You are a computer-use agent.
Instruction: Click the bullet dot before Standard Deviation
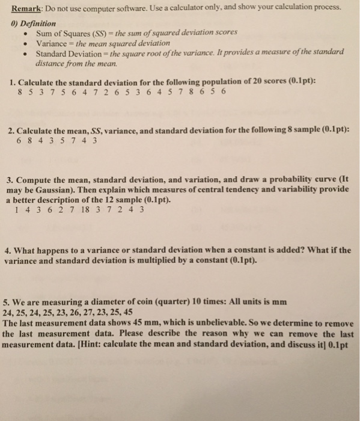[24, 52]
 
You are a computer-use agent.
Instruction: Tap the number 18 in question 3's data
[87, 209]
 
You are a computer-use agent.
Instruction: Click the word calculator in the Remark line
[172, 8]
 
